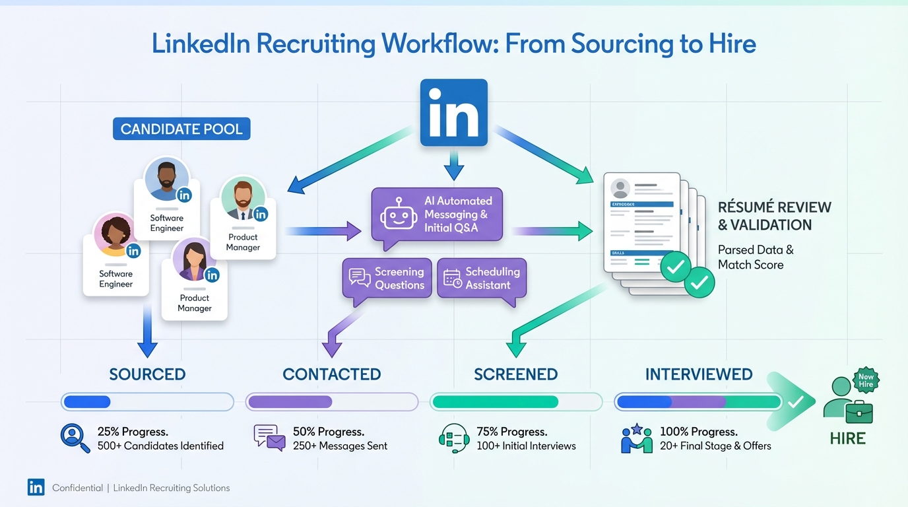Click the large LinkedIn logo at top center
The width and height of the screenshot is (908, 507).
[453, 113]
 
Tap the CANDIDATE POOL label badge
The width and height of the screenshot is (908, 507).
[181, 129]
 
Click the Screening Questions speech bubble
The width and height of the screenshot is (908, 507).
[387, 278]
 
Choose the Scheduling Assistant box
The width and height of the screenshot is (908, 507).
[482, 278]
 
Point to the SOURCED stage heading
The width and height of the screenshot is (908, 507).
[147, 374]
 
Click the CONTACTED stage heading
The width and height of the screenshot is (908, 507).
[331, 374]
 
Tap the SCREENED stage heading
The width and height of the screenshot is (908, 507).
[515, 374]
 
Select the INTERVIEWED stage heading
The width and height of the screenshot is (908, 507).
[699, 374]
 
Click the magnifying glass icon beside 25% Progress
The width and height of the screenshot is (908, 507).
[75, 438]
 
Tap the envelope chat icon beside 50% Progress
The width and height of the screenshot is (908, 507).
[269, 438]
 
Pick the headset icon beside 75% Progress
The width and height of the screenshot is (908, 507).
[453, 438]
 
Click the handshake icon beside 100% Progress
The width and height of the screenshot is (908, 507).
[637, 438]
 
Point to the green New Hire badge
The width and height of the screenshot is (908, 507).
[866, 380]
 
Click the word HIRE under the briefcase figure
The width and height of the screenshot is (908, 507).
[847, 438]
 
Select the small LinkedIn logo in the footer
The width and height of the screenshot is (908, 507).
[36, 487]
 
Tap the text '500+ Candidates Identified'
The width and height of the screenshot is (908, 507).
[160, 446]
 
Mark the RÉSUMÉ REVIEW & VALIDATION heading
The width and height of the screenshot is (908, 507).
[774, 216]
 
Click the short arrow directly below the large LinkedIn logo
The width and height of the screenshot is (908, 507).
[453, 165]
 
